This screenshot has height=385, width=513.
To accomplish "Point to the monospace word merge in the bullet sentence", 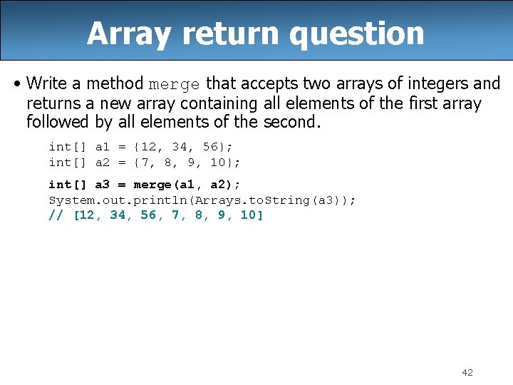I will (x=174, y=85).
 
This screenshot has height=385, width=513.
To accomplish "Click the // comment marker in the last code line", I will (x=56, y=215).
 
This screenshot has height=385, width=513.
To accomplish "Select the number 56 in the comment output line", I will (x=148, y=215).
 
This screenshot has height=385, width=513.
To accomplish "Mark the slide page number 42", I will (x=467, y=372).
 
